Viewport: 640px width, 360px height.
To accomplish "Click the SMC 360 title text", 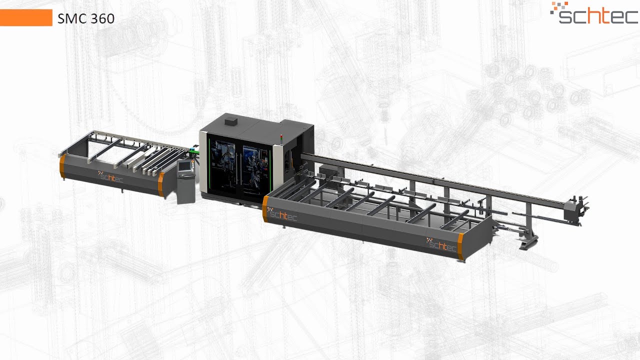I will pyautogui.click(x=85, y=19).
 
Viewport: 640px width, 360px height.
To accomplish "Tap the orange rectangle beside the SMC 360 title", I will pyautogui.click(x=26, y=17).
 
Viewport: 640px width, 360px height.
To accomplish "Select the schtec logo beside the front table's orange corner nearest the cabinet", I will pyautogui.click(x=282, y=215).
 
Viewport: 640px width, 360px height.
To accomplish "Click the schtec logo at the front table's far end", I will pyautogui.click(x=442, y=244).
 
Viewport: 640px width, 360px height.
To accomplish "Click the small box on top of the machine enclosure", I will pyautogui.click(x=231, y=120).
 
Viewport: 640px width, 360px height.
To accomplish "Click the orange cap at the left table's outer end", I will pyautogui.click(x=62, y=167).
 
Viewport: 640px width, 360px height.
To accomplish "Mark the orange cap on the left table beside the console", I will pyautogui.click(x=160, y=184).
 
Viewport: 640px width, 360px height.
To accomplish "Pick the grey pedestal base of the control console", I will pyautogui.click(x=185, y=190).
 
